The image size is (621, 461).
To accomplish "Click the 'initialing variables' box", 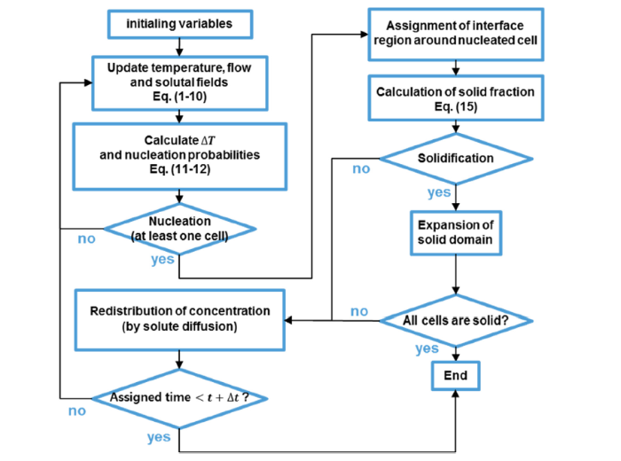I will [x=180, y=25].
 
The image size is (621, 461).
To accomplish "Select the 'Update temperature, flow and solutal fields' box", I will [x=180, y=81].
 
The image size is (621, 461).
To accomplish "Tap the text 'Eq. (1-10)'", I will [x=180, y=95].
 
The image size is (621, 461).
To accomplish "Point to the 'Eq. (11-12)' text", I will [x=180, y=168].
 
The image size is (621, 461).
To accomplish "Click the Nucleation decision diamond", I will [x=180, y=228].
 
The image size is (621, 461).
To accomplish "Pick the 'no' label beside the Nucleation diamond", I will [x=86, y=238].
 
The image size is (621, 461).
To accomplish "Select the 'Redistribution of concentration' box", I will [x=180, y=318].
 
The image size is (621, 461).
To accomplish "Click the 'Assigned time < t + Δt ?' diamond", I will [x=180, y=397].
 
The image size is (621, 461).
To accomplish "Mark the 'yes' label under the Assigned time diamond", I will [x=161, y=436].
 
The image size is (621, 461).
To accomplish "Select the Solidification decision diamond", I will [x=456, y=160].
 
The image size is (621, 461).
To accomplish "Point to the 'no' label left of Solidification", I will [x=362, y=168].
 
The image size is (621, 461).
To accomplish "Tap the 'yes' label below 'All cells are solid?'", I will [x=428, y=348].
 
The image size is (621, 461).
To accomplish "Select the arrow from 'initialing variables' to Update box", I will [x=180, y=47].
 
